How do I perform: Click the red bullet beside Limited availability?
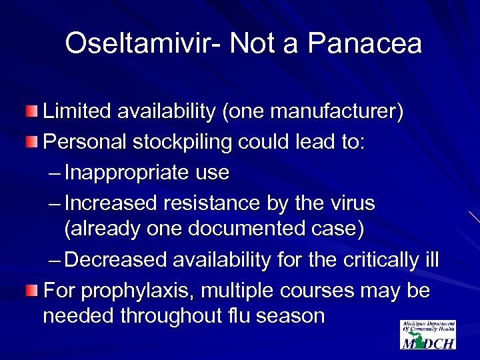pos(32,111)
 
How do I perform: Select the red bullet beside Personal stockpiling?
pos(32,141)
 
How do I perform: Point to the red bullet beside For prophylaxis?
pos(32,291)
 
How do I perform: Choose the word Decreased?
pos(117,259)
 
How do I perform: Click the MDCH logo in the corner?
pos(427,334)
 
